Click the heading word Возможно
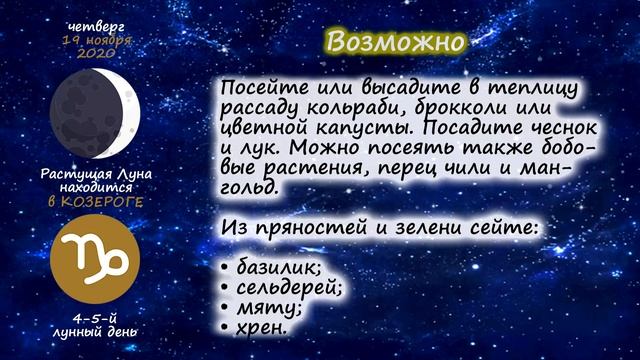point(396,41)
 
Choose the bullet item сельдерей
point(289,286)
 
